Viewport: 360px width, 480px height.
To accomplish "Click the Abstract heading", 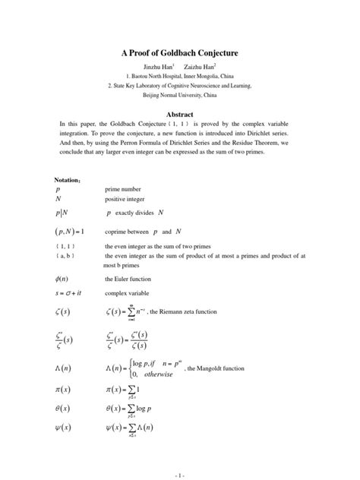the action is click(x=180, y=111).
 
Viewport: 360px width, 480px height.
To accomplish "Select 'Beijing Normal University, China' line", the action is click(x=181, y=96).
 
